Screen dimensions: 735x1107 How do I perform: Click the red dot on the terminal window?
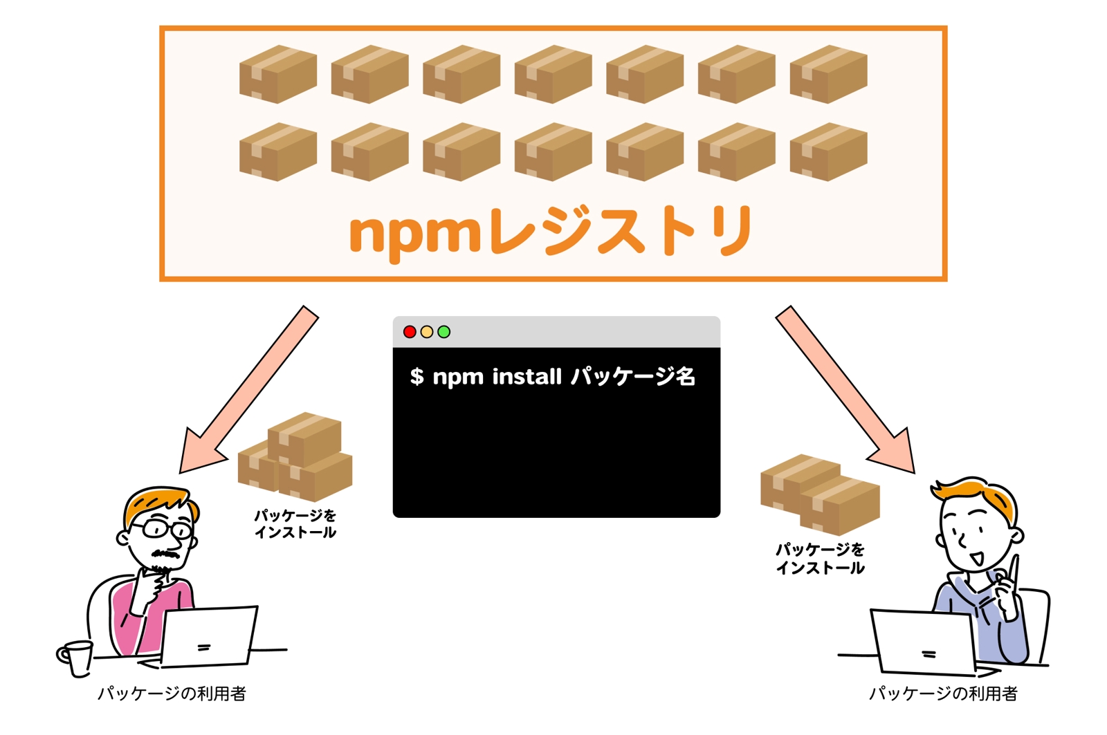click(x=410, y=332)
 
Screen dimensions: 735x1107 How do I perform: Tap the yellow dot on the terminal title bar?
click(x=427, y=332)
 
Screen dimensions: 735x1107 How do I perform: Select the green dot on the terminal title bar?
click(x=444, y=332)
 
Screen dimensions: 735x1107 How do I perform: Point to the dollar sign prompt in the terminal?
click(x=417, y=377)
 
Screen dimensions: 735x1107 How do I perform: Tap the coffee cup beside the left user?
click(x=75, y=656)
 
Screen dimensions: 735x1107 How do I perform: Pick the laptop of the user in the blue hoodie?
click(x=924, y=642)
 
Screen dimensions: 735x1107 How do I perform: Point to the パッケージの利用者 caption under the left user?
click(x=172, y=694)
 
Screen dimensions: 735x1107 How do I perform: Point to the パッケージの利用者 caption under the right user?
click(x=942, y=694)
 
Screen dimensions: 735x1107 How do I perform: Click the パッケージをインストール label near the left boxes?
click(x=295, y=524)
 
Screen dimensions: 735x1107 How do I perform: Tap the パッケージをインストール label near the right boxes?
click(x=820, y=559)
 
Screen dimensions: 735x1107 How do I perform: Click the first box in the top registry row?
click(x=278, y=74)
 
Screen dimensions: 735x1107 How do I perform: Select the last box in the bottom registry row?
click(x=828, y=151)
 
